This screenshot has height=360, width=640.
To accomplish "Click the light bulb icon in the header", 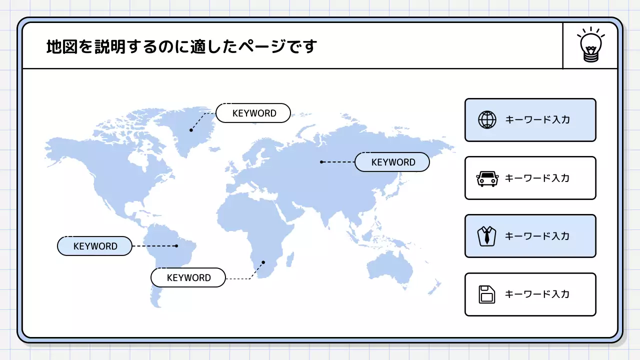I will click(x=590, y=45).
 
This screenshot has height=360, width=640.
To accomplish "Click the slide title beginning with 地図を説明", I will click(x=181, y=46).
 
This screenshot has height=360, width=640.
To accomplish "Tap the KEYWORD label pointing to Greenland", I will click(x=253, y=113).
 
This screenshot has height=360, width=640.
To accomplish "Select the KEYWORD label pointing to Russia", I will click(x=392, y=162).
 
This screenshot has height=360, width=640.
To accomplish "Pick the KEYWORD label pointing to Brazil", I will click(x=94, y=246).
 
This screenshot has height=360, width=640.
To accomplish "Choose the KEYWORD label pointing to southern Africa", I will click(x=188, y=277).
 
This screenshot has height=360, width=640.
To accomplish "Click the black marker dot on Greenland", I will click(x=191, y=130).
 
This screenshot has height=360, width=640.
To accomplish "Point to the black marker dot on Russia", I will click(x=321, y=161).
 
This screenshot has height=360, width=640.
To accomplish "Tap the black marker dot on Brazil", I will click(x=176, y=245).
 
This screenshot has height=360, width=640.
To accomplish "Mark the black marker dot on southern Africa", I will click(x=263, y=262).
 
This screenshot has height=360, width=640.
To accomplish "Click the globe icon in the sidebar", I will click(x=487, y=120).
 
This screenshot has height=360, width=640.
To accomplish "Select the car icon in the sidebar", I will click(x=487, y=178).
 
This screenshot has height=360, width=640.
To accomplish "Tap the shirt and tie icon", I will click(x=487, y=236).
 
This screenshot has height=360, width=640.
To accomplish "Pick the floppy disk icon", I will click(x=487, y=294).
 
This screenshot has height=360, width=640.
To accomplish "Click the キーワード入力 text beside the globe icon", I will click(x=537, y=120).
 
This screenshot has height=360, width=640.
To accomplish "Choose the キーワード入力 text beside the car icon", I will click(x=537, y=178).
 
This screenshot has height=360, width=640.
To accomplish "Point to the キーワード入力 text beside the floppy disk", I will click(x=537, y=294).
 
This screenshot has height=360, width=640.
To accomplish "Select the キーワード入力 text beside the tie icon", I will click(x=537, y=236).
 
